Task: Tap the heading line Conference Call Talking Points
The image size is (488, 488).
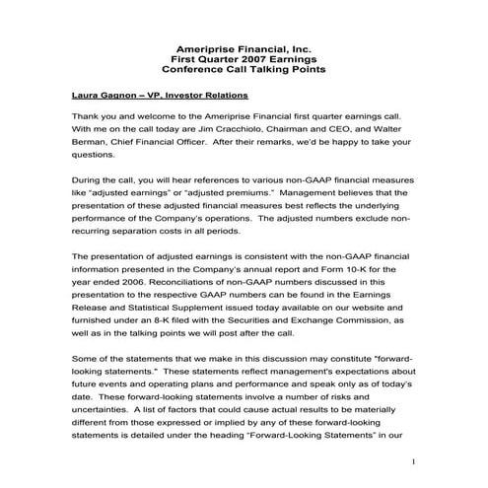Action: [243, 71]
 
